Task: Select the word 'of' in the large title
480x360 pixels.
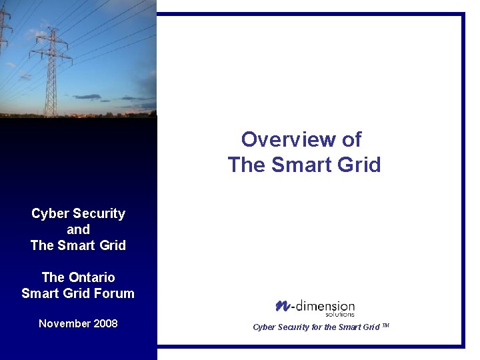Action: pos(352,140)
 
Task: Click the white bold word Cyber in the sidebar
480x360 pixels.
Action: pos(50,214)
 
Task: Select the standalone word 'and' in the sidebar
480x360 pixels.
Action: pos(78,230)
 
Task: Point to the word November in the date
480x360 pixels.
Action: pos(65,324)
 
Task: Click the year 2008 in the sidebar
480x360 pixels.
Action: pos(105,324)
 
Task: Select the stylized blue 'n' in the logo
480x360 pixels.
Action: pos(281,305)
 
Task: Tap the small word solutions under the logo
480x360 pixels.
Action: pos(340,314)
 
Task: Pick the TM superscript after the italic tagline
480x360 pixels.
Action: pos(385,325)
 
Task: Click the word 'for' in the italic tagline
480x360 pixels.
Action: pos(317,327)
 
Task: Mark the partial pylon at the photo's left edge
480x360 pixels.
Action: pos(5,40)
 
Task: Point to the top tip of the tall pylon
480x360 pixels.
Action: pos(51,29)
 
